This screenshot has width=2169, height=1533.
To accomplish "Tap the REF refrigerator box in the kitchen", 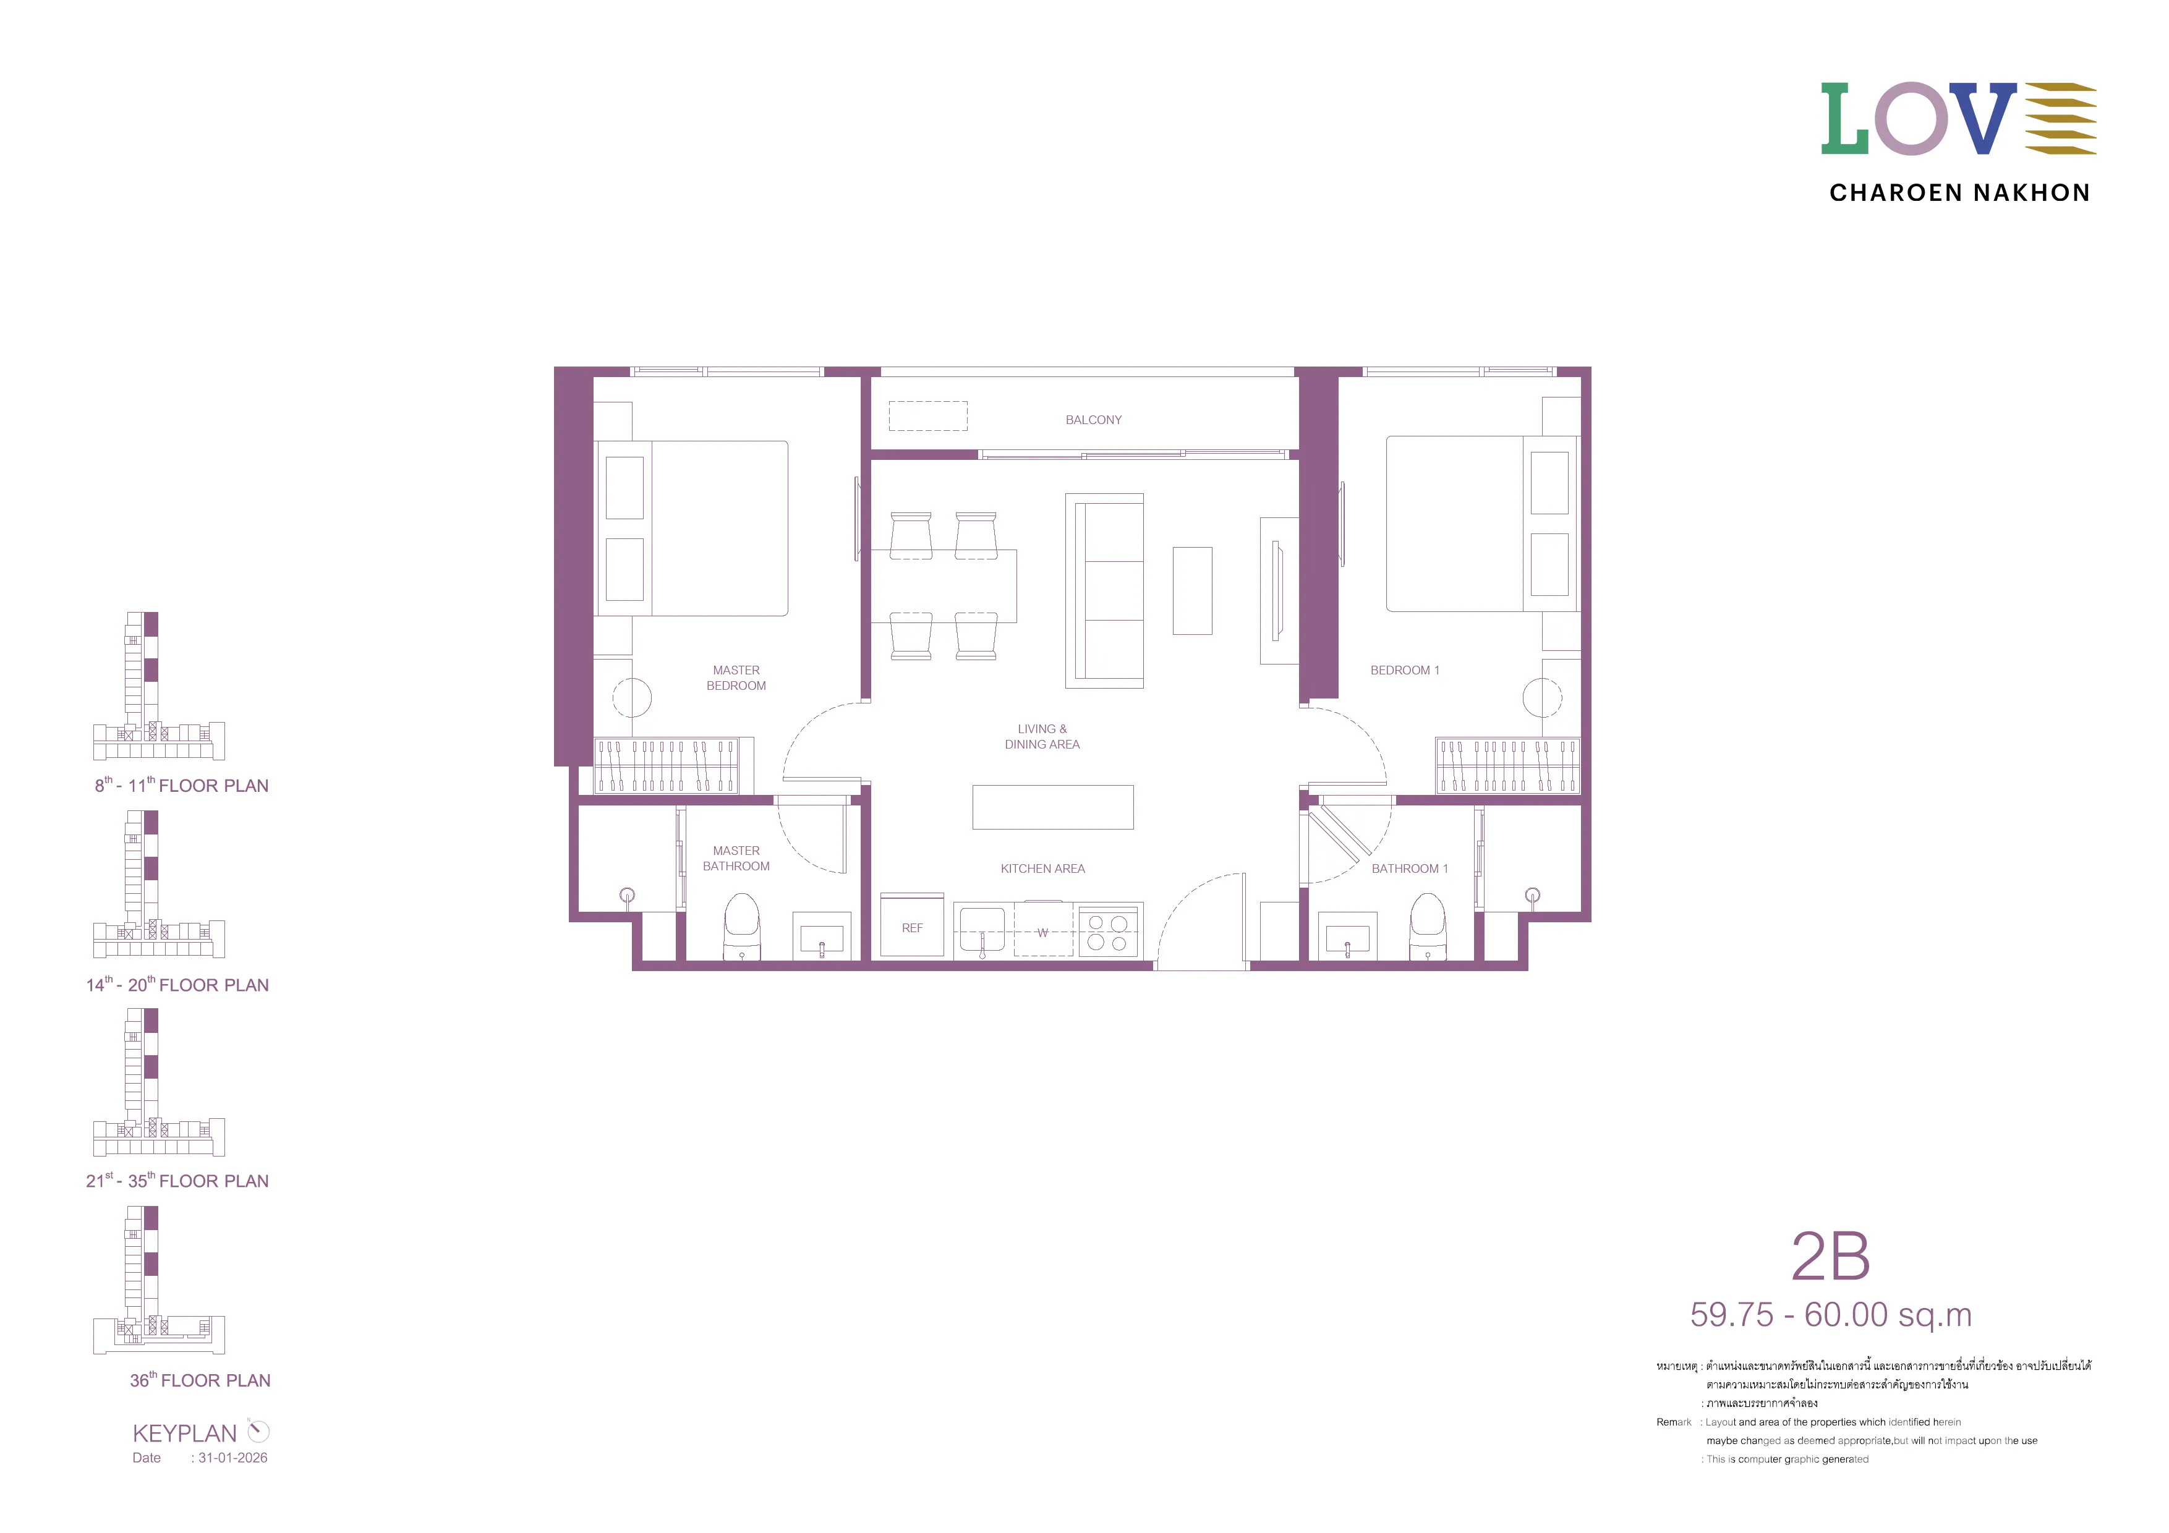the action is (x=911, y=927).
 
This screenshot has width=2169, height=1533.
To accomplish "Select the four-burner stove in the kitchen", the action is (x=1107, y=932).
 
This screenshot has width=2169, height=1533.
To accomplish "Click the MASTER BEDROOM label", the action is (x=736, y=678).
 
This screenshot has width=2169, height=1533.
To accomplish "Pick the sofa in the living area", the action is (x=1104, y=590).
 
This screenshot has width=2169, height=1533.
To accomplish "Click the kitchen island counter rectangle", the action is (x=1052, y=807).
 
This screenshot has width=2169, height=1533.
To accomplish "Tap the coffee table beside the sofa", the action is (x=1192, y=590).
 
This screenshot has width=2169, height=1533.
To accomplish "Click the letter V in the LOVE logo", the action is (x=1981, y=118).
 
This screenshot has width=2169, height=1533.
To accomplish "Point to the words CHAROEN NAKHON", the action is (x=1959, y=193).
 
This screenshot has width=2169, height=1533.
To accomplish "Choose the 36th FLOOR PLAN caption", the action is (x=200, y=1380).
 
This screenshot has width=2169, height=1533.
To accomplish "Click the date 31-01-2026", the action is (x=232, y=1458).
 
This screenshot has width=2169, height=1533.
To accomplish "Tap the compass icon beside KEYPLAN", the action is (x=258, y=1431).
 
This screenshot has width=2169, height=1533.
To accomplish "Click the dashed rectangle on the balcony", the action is (x=927, y=415).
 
